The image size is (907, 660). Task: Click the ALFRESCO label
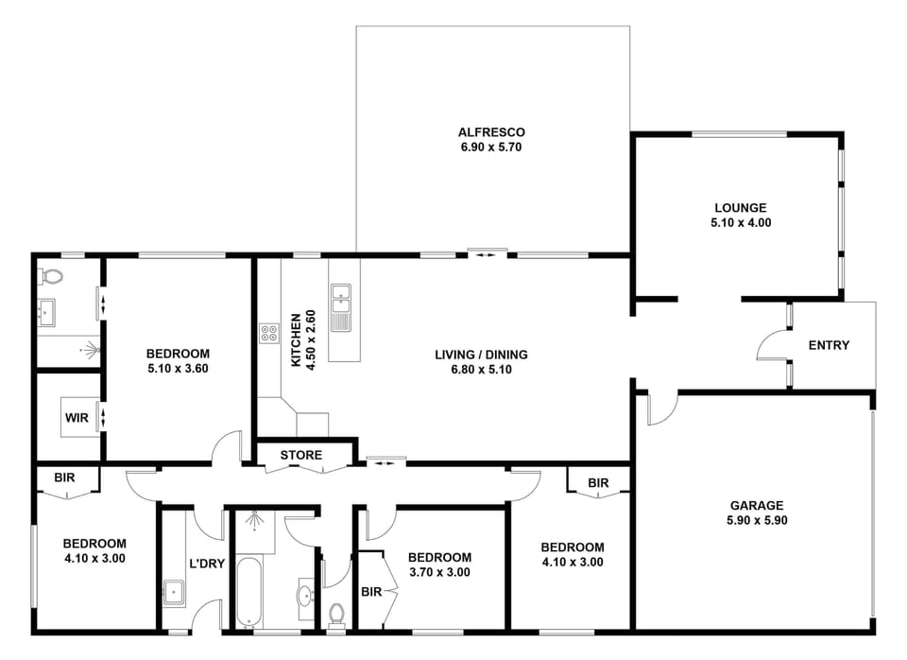491,132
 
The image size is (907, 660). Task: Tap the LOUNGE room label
741,207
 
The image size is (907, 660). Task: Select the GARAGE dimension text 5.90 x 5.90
757,520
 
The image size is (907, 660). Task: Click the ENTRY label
829,345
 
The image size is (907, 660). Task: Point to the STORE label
300,455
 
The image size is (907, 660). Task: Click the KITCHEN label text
296,340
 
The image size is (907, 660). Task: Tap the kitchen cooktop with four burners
269,333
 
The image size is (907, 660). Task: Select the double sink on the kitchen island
341,307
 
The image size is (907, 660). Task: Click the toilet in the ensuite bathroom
50,277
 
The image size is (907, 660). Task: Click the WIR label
77,418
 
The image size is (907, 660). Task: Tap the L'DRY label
207,563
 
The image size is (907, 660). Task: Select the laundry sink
174,593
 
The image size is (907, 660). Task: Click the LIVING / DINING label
481,355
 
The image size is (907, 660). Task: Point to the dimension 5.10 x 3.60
178,368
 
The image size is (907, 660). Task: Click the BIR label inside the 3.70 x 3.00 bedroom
371,592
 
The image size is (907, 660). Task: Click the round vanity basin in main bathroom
305,595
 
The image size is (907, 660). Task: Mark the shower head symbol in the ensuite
90,349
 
